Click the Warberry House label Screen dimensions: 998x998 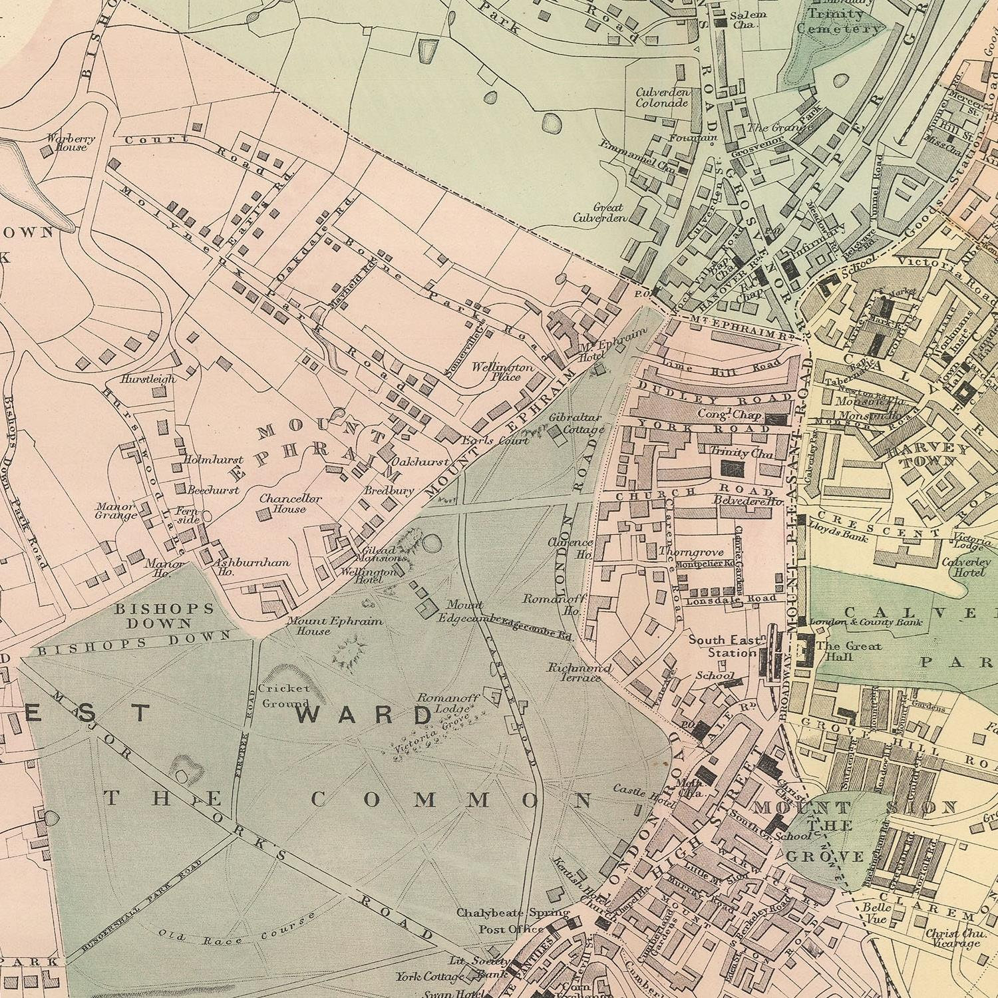point(71,142)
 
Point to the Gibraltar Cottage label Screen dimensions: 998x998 point(576,423)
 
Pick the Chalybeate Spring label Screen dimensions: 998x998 point(512,912)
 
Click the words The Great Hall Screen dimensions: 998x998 point(848,651)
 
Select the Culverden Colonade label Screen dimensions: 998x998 point(661,97)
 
